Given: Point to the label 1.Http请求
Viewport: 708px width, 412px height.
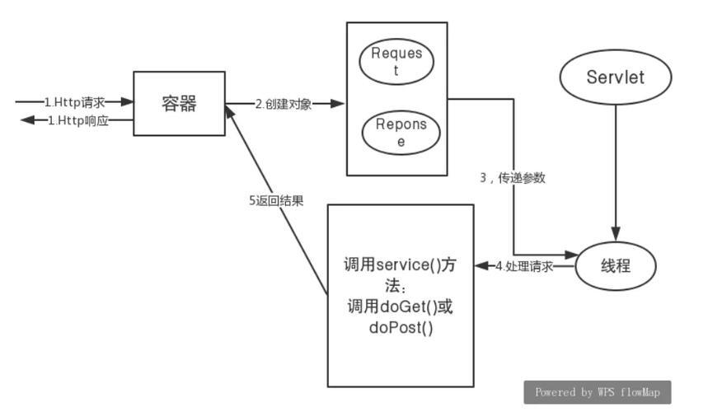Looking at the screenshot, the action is click(x=75, y=102).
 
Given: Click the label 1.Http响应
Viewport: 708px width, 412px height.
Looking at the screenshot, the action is click(x=78, y=120).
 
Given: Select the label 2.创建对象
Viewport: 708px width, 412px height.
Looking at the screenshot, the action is click(x=284, y=105).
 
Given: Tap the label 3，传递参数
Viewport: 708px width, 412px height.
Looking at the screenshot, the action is click(x=513, y=178).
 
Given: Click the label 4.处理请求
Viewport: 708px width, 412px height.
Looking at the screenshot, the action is click(x=524, y=266).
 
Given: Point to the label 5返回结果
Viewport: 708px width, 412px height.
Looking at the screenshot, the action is click(x=276, y=201).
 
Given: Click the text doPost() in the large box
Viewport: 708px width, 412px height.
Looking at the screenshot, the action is click(x=401, y=327).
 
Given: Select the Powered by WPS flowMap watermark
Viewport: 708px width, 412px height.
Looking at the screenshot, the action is click(x=598, y=392).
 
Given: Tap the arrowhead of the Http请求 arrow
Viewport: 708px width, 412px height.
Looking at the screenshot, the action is click(x=127, y=102).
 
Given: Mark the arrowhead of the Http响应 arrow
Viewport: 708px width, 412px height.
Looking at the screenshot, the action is click(x=28, y=120).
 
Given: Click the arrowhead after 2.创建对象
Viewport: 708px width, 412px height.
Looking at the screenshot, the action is click(x=337, y=104).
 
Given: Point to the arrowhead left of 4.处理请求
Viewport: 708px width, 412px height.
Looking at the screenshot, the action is click(x=482, y=266).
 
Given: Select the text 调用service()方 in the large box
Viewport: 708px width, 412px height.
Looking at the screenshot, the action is click(x=400, y=265).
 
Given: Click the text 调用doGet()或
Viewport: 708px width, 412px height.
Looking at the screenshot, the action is click(x=400, y=307).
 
